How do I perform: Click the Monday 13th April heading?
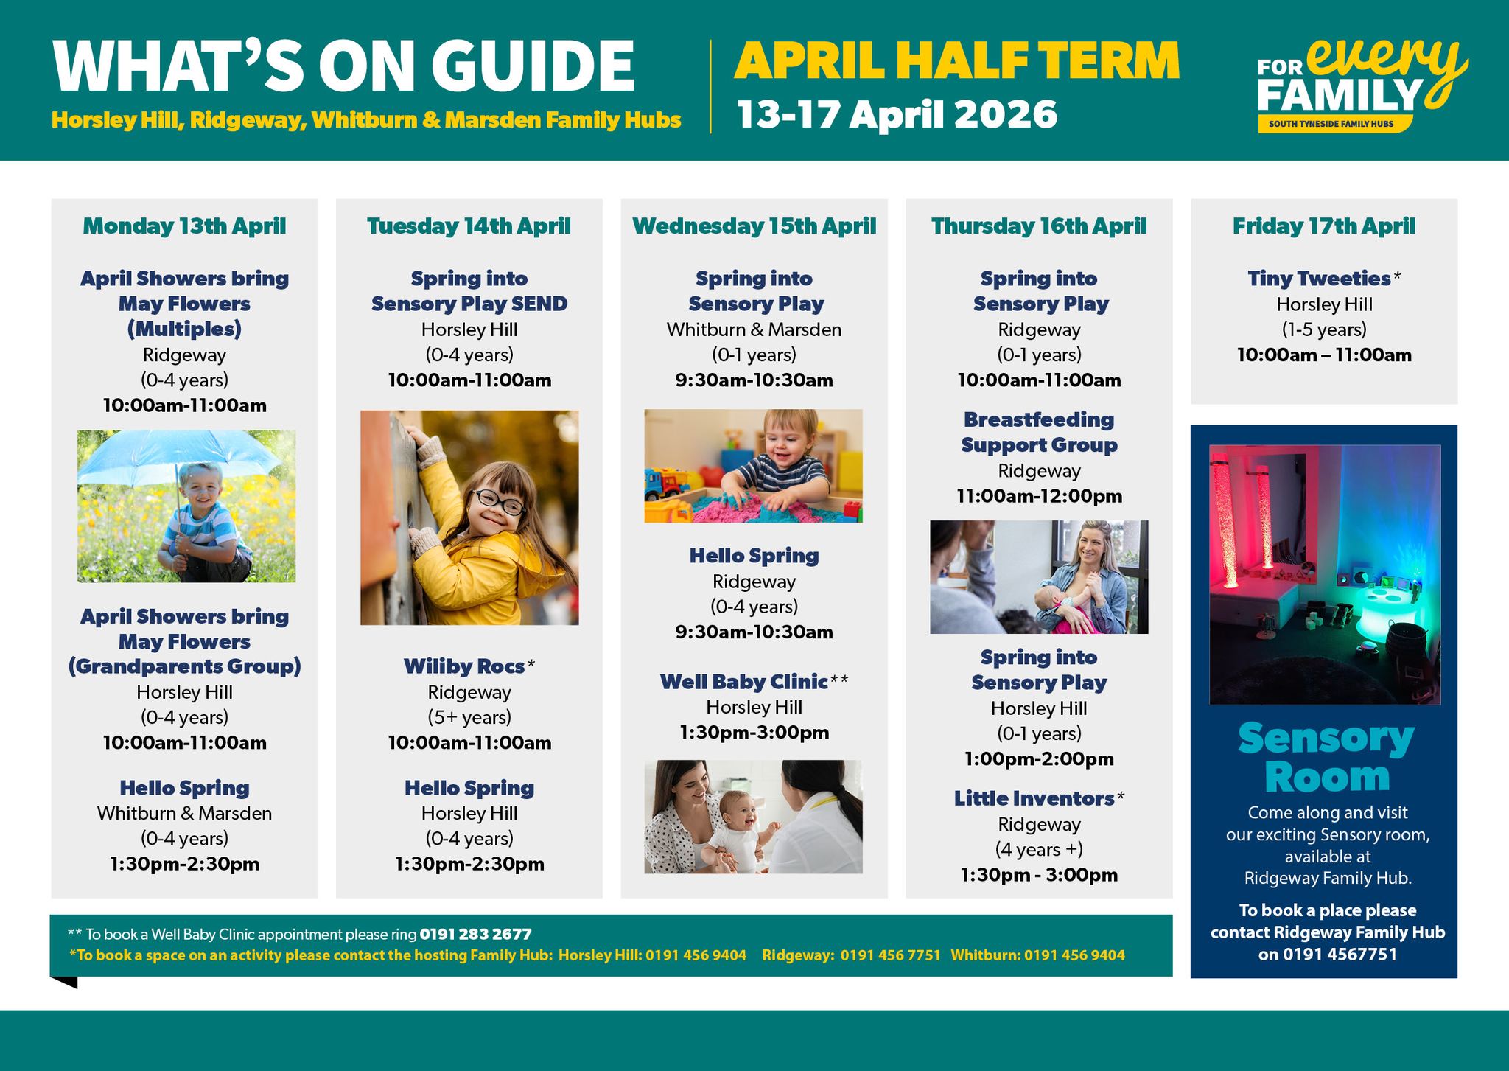tap(184, 226)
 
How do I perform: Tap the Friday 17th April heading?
tap(1324, 226)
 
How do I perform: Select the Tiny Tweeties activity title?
tap(1319, 279)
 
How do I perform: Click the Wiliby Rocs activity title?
tap(464, 666)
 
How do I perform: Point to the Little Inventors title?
tap(1034, 798)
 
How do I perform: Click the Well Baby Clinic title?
tap(744, 682)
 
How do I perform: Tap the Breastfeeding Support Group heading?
tap(1039, 432)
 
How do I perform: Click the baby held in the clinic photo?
tap(737, 829)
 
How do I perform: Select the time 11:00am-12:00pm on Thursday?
tap(1039, 496)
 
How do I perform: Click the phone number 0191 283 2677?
tap(475, 935)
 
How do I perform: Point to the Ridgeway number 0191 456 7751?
tap(891, 955)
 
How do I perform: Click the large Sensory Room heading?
tap(1326, 757)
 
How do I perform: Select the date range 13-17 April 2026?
tap(897, 115)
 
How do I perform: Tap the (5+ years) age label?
tap(469, 717)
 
